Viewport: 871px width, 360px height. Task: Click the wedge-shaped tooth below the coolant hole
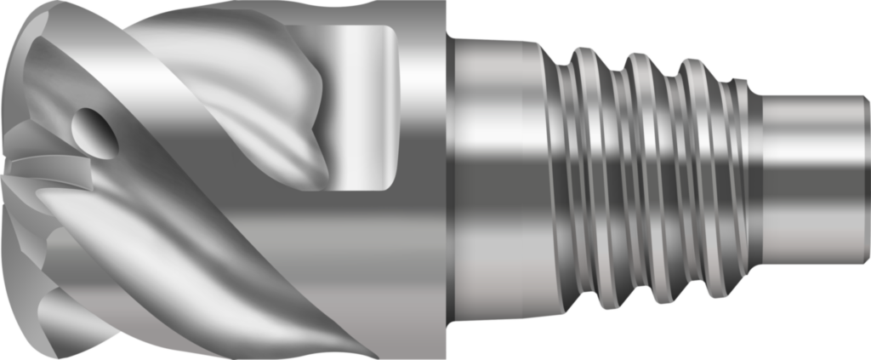[51, 170]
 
